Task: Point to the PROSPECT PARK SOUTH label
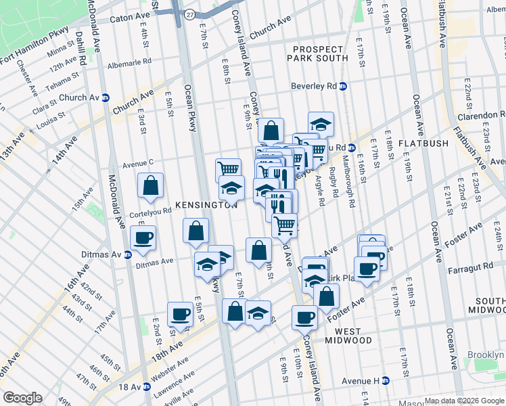click(320, 53)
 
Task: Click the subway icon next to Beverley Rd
click(343, 87)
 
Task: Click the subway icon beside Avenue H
click(386, 380)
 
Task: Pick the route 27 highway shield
click(190, 14)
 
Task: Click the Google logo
click(22, 398)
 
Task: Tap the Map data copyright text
click(463, 401)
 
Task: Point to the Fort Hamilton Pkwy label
click(35, 53)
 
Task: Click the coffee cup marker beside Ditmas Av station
click(144, 238)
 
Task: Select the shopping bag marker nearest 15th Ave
click(151, 185)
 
